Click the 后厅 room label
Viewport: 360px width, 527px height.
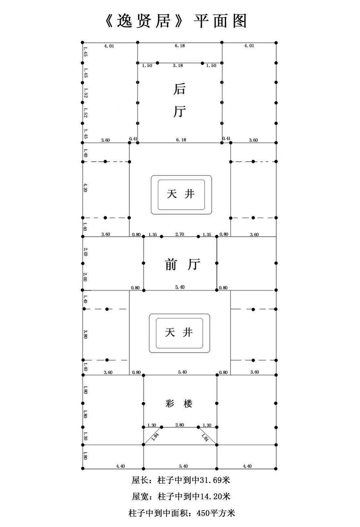pyautogui.click(x=179, y=100)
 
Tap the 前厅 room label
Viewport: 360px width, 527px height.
pyautogui.click(x=182, y=264)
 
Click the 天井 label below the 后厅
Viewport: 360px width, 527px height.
pyautogui.click(x=181, y=194)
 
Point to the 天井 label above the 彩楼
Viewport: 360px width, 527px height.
pyautogui.click(x=179, y=333)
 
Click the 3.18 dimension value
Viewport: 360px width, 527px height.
pyautogui.click(x=178, y=66)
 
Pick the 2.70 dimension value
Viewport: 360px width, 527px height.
pyautogui.click(x=180, y=234)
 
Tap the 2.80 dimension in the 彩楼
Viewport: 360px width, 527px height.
pyautogui.click(x=180, y=425)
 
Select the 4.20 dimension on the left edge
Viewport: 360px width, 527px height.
pyautogui.click(x=85, y=188)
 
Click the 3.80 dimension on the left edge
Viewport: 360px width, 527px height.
pyautogui.click(x=85, y=334)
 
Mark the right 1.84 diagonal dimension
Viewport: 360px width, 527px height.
pyautogui.click(x=205, y=437)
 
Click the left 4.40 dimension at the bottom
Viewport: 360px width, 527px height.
pyautogui.click(x=120, y=466)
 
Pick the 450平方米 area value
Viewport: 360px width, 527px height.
pyautogui.click(x=216, y=513)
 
